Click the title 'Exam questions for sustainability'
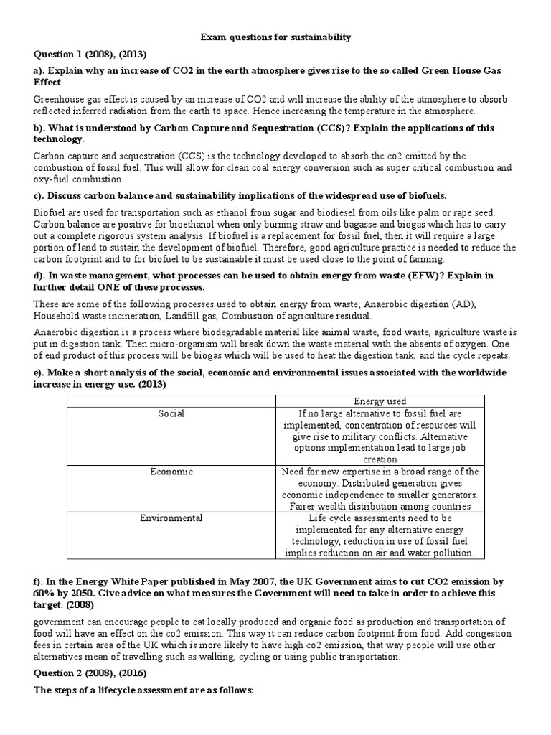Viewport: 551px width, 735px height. coord(275,37)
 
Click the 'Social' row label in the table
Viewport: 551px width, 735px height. coord(171,413)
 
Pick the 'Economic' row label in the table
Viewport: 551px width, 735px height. coord(171,472)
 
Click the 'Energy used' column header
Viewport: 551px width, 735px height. coord(380,401)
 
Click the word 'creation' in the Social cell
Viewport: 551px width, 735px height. coord(380,459)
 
